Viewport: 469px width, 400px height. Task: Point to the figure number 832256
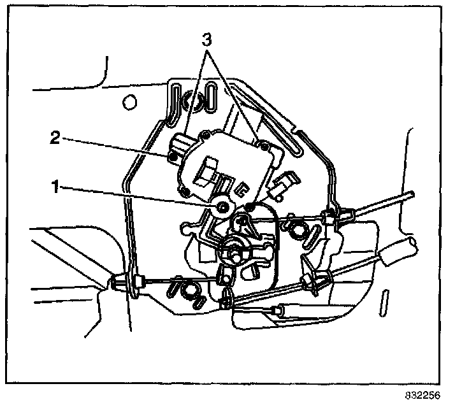pyautogui.click(x=422, y=394)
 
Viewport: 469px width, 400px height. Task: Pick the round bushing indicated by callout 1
pyautogui.click(x=223, y=206)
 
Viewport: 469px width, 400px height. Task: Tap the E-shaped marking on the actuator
pyautogui.click(x=242, y=189)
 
